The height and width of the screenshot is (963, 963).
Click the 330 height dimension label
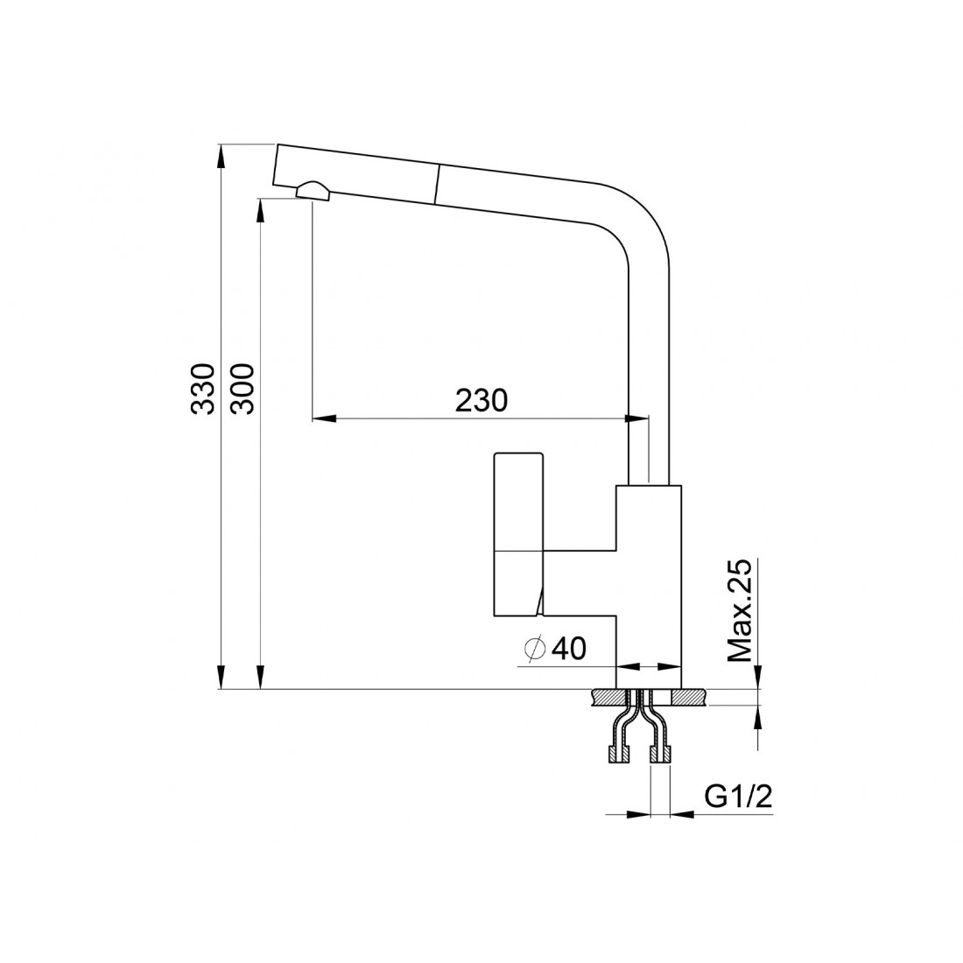coord(203,390)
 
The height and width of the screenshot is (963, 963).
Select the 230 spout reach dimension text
coord(481,400)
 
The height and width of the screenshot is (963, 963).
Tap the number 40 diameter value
coord(569,648)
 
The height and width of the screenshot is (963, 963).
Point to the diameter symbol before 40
coord(536,649)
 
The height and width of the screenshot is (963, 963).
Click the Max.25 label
coord(740,610)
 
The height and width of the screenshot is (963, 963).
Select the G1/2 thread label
coord(738,798)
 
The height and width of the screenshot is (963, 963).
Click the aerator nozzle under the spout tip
coord(313,191)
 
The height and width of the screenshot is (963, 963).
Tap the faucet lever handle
coord(518,534)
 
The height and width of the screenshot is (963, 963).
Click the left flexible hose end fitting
coord(617,754)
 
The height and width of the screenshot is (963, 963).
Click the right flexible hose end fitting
coord(661,754)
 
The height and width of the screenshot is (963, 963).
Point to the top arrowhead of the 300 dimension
coord(260,209)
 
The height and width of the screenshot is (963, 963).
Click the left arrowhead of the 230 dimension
coord(324,418)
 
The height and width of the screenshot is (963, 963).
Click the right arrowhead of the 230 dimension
coord(636,418)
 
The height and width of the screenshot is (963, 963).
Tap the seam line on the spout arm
coord(437,183)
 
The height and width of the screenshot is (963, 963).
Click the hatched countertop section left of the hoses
coord(608,697)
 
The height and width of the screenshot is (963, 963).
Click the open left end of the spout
coord(276,165)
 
